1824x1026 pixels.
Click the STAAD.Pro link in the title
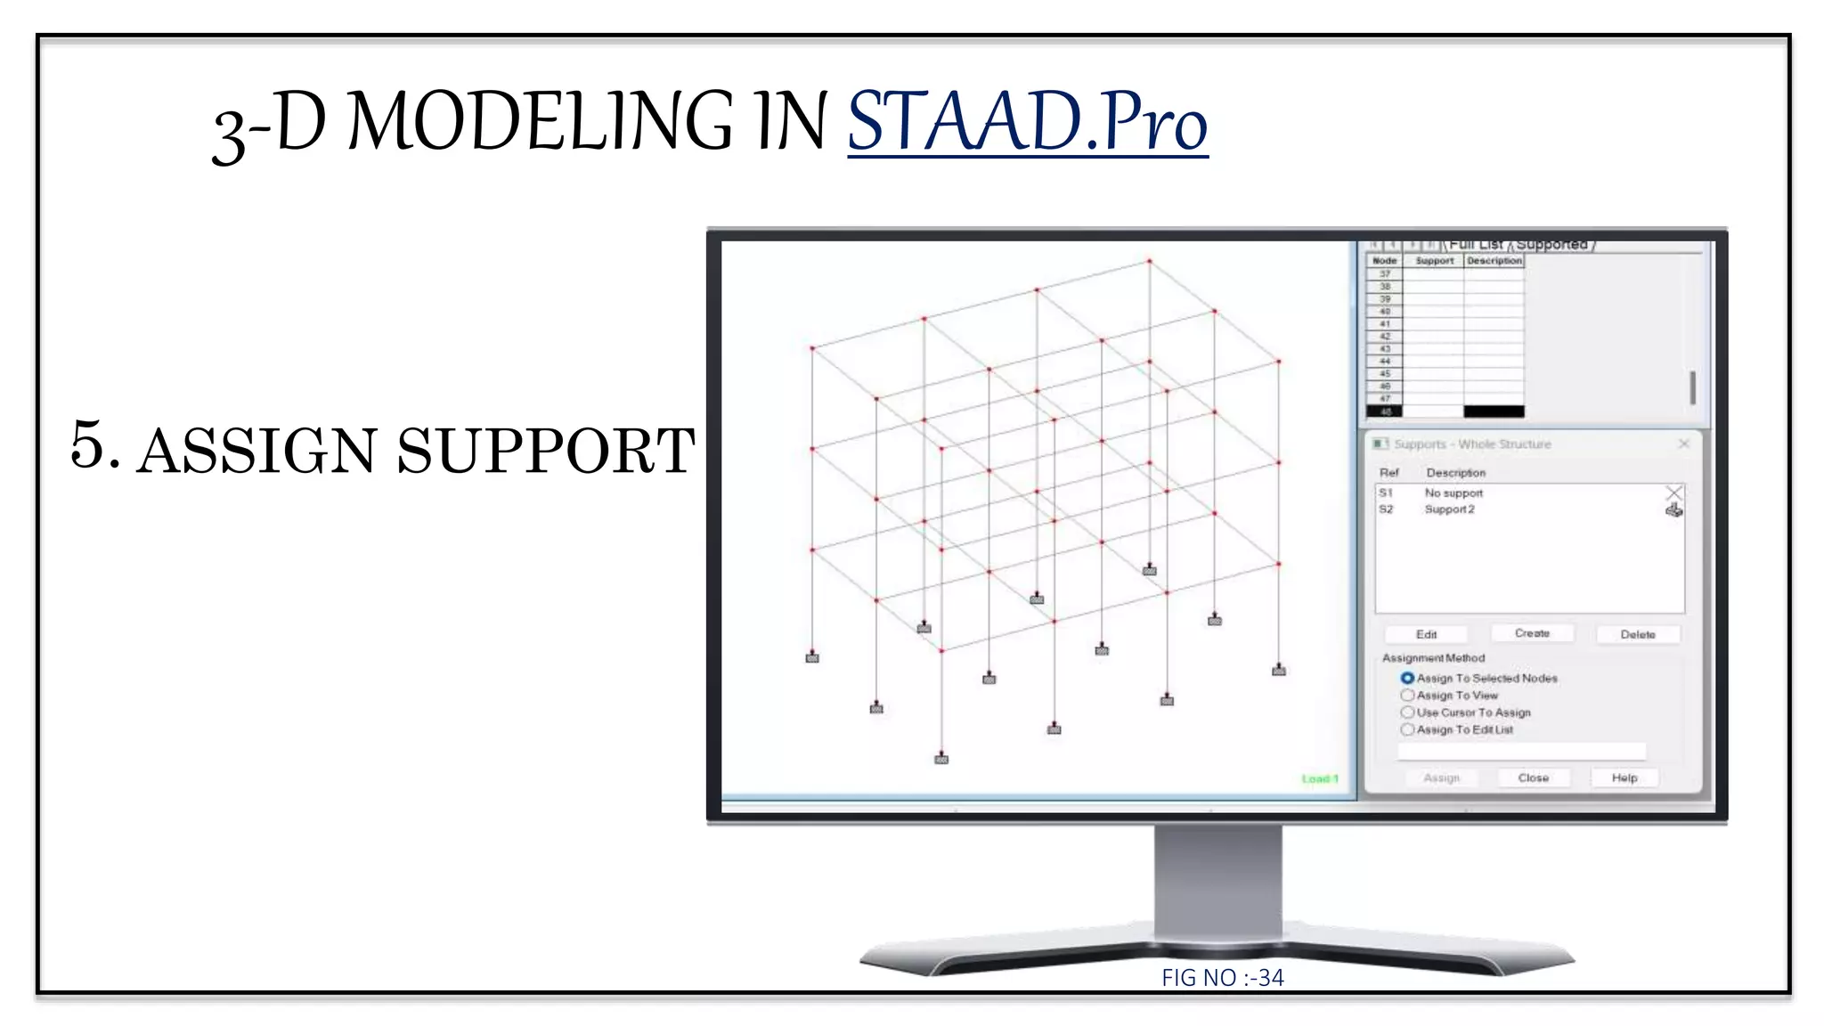coord(1027,121)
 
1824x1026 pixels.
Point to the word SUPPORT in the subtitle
coord(545,451)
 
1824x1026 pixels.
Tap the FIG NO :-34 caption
coord(1222,978)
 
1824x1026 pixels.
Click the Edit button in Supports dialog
coord(1426,634)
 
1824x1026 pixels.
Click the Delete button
coord(1637,634)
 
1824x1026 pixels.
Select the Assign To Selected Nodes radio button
coord(1407,678)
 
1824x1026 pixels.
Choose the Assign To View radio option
coord(1407,695)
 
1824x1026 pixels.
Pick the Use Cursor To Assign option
coord(1407,712)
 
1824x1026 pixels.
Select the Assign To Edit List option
coord(1407,729)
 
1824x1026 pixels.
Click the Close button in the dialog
coord(1533,778)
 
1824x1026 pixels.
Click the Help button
coord(1624,778)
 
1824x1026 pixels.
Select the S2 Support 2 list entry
coord(1449,509)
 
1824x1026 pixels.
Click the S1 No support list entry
coord(1453,493)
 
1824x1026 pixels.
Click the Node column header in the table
coord(1384,261)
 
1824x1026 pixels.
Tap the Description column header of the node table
coord(1494,261)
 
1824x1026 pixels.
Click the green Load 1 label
coord(1319,778)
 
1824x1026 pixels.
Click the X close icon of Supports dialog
coord(1683,444)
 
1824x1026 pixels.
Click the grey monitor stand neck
coord(1217,882)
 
